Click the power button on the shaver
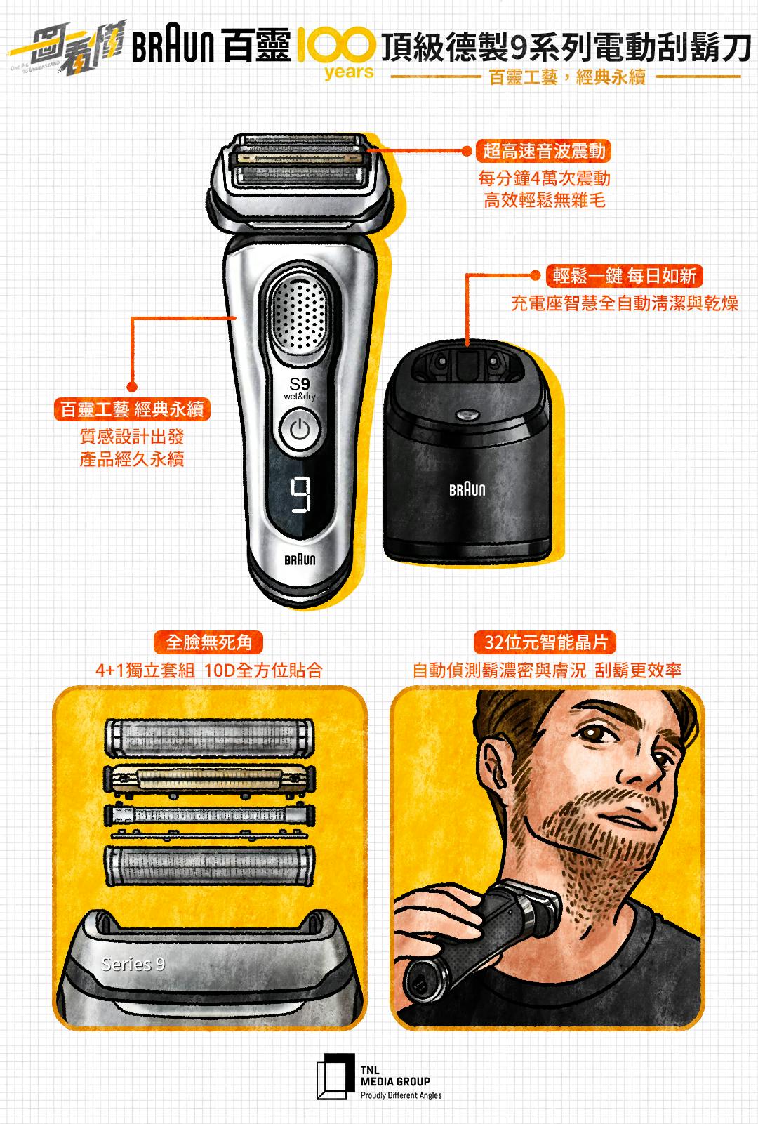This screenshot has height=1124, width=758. pos(299,430)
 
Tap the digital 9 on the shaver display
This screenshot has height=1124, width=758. pos(300,495)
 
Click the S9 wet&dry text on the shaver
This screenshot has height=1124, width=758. pos(300,389)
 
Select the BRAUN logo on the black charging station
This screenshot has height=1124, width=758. pos(467,489)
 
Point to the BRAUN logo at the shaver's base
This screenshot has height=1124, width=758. pos(300,560)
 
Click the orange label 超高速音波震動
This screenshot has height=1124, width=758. pos(543,150)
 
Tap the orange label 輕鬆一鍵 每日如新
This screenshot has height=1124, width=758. pos(624,275)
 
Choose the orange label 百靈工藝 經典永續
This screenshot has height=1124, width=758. pos(132,409)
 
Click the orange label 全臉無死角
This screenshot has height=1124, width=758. pos(208,642)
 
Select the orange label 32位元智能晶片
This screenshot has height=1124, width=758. pos(545,642)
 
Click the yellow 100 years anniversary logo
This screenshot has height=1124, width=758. pos(337,52)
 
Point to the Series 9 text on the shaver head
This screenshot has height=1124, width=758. pos(133,964)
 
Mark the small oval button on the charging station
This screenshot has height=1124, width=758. pos(467,414)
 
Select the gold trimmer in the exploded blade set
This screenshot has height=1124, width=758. pos(209,779)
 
